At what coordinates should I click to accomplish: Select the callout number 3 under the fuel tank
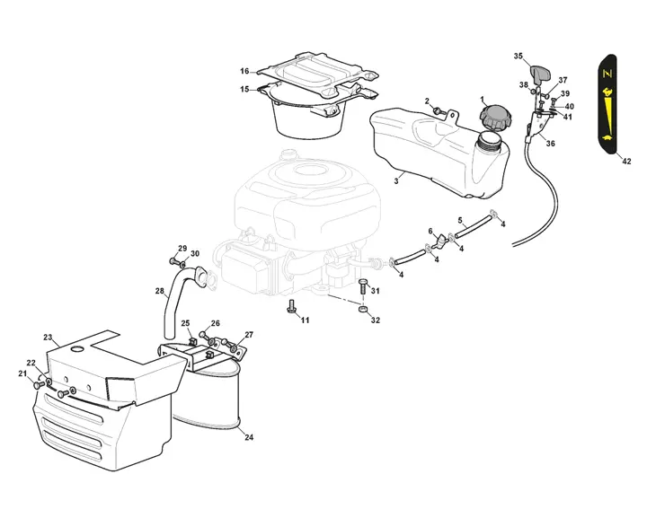(x=396, y=180)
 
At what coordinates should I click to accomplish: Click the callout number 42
(x=626, y=161)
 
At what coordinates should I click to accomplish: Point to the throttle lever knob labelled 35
(x=539, y=75)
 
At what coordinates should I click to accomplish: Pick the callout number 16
(x=244, y=71)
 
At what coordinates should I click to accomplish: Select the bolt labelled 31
(x=362, y=286)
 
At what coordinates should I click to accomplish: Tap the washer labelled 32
(x=363, y=310)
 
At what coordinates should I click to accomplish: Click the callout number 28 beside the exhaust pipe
(x=160, y=290)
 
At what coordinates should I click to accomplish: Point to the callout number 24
(x=249, y=437)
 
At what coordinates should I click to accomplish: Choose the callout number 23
(x=48, y=338)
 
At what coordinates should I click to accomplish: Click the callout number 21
(x=22, y=373)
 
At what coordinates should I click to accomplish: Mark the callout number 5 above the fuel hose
(x=460, y=220)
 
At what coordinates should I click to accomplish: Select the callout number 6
(x=430, y=231)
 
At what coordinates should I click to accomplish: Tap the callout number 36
(x=550, y=144)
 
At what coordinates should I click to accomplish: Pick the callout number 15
(x=244, y=89)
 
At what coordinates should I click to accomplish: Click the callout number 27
(x=249, y=335)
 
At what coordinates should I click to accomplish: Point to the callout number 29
(x=182, y=249)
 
